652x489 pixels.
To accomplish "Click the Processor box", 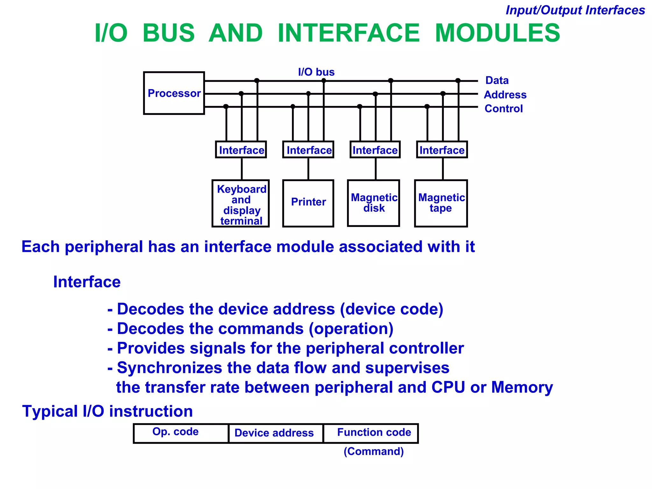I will point(174,93).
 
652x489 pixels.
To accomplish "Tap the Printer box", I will point(308,203).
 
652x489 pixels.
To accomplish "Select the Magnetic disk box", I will point(373,203).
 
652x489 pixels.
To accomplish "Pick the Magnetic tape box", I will point(441,203).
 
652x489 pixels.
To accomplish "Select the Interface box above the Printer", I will point(308,150).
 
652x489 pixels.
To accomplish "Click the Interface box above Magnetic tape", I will point(442,150).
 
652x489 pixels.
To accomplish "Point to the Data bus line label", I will point(497,80).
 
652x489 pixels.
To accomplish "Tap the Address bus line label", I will point(505,95).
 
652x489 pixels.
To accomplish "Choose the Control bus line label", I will point(503,109).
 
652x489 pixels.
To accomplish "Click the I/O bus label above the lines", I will point(316,72).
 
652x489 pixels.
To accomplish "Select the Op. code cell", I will point(181,433).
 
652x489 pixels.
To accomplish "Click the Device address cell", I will point(275,433).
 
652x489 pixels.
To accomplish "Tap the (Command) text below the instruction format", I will point(373,451).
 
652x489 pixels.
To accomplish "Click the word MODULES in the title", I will point(497,33).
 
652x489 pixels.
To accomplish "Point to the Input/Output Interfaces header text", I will point(575,10).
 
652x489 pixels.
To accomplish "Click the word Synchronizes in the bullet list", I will point(169,368).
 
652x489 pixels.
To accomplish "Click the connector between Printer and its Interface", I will point(308,169).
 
